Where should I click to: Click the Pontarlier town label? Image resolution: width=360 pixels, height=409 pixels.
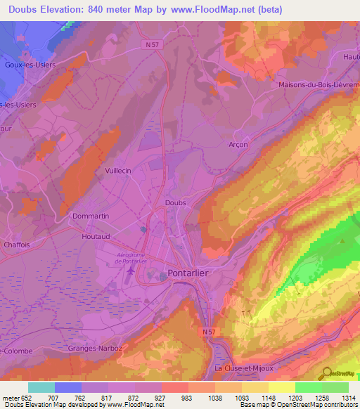point(192,273)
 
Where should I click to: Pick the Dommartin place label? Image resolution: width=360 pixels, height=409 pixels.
point(91,216)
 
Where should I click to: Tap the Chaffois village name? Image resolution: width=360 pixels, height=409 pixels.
point(16,245)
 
